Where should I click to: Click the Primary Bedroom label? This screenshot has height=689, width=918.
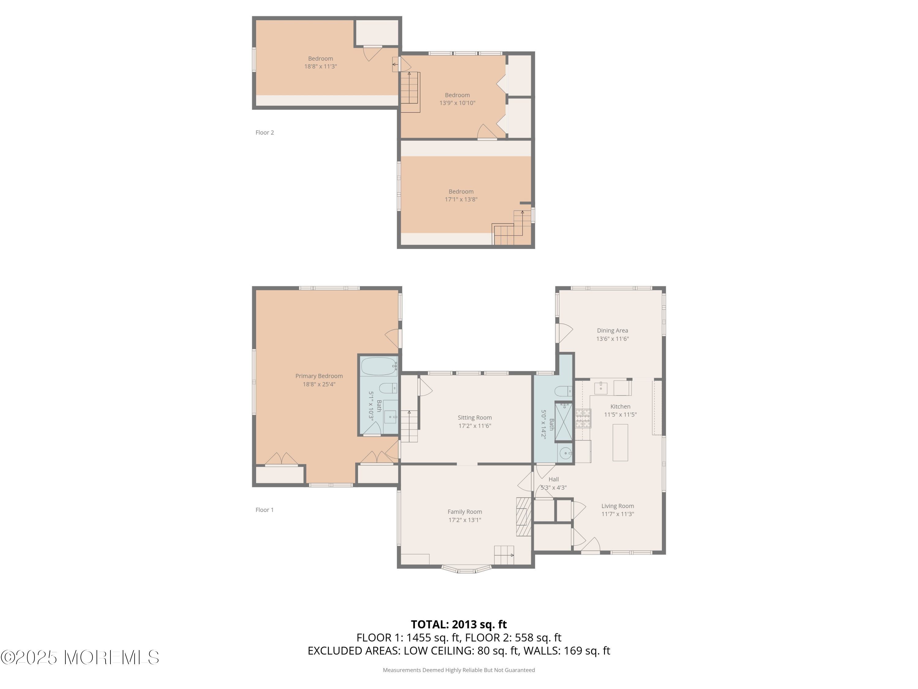[319, 376]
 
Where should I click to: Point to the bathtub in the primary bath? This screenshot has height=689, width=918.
[379, 366]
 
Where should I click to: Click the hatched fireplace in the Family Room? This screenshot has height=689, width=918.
[524, 517]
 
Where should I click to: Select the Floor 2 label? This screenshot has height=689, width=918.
[264, 133]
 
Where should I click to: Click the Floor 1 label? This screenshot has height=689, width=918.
[264, 510]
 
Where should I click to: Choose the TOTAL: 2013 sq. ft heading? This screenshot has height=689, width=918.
[459, 624]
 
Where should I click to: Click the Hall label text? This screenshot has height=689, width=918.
[553, 479]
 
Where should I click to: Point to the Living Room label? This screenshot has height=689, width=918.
[618, 506]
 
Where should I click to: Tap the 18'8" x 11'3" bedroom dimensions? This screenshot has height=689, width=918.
[320, 66]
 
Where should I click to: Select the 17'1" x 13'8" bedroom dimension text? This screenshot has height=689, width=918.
[461, 199]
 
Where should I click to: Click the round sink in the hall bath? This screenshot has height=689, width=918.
[566, 453]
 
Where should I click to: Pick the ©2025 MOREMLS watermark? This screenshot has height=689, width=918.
[80, 657]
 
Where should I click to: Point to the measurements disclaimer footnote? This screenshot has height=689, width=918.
[459, 670]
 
